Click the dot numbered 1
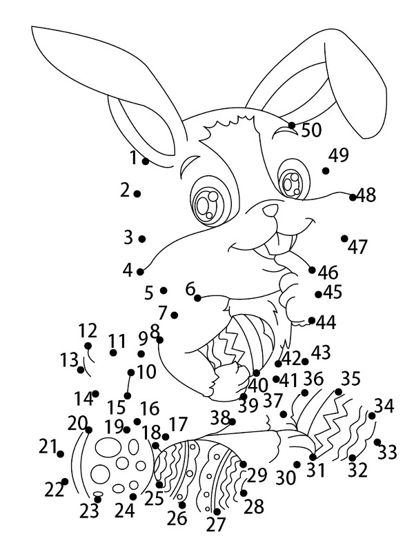coord(146,161)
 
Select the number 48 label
coord(366,195)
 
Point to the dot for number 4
coord(140,272)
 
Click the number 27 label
coord(216,525)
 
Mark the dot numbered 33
coord(377,442)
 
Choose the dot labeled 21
coord(61,454)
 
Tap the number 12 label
coord(88,330)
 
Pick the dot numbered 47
coord(344,238)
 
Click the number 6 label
coord(190,289)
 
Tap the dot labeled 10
coord(131,373)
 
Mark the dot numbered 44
coord(312,320)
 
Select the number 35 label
coord(351,379)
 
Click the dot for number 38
coord(232,421)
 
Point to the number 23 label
coord(89,512)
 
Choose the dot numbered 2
coord(137,194)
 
